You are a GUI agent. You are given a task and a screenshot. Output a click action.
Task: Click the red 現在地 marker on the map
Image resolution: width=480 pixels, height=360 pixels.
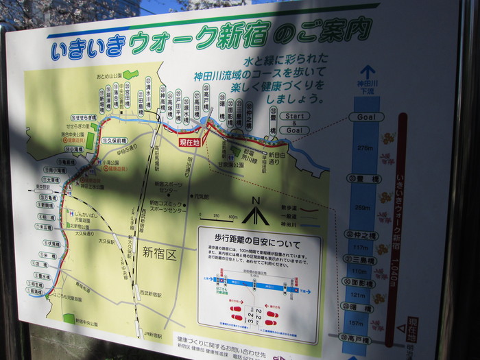pos(189,142)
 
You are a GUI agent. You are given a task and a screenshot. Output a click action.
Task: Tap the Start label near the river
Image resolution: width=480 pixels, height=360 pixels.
pos(294,116)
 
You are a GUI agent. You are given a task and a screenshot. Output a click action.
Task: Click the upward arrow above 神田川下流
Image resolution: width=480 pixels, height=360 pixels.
pos(368,71)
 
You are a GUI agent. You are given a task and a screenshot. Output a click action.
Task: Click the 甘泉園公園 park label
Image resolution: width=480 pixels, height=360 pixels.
pos(246,164)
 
